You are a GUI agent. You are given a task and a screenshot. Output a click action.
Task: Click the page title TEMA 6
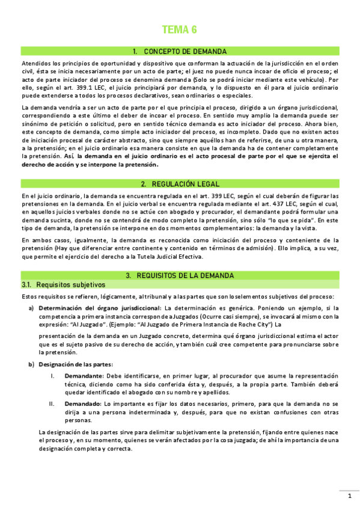[x=180, y=30]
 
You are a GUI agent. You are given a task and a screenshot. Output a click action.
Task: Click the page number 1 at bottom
[x=349, y=496]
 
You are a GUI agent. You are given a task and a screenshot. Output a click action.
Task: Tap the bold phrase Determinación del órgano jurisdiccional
[x=99, y=308]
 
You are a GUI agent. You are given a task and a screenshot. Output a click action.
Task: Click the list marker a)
[x=31, y=308]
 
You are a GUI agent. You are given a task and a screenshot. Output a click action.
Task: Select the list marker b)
[x=31, y=364]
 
